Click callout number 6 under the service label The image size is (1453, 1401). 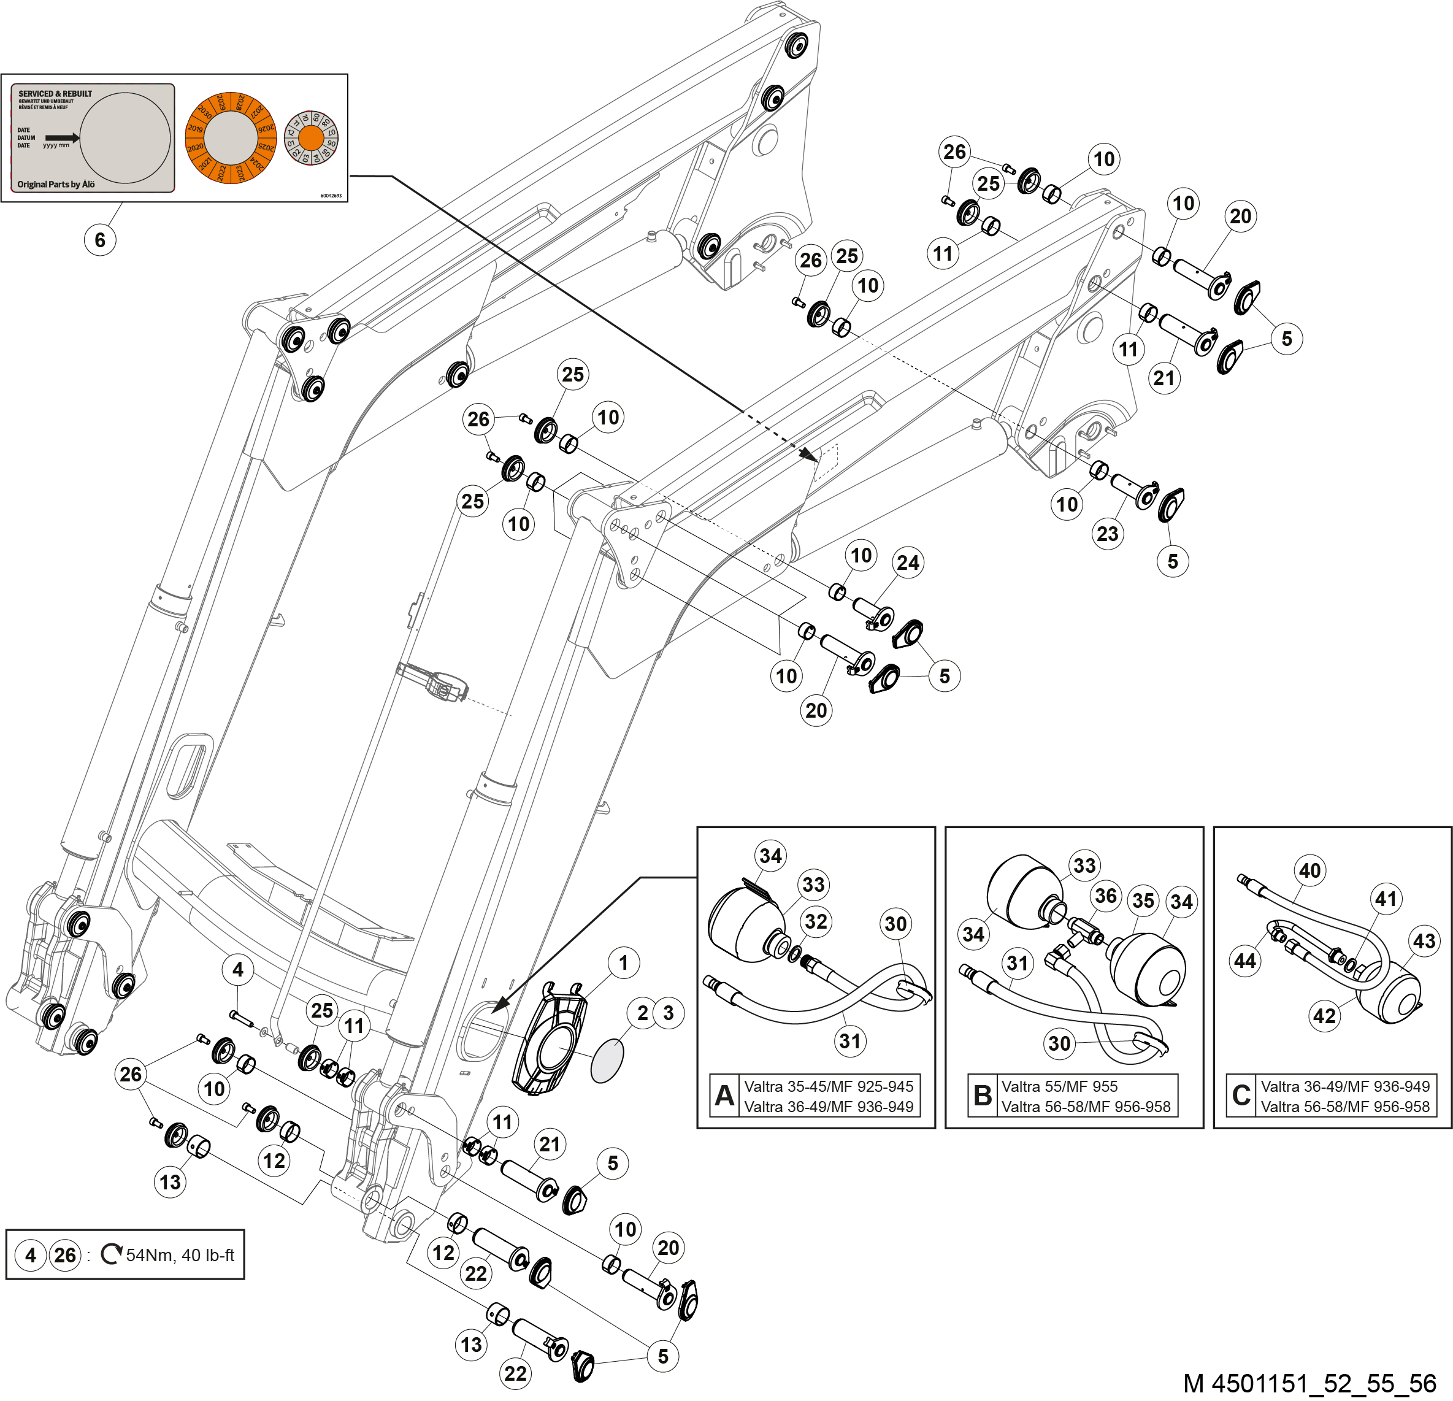(100, 239)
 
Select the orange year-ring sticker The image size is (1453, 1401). (231, 139)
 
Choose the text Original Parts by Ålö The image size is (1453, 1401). (56, 184)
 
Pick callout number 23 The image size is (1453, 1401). (1108, 533)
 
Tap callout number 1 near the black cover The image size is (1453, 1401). (623, 962)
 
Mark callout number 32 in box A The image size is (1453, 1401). (816, 921)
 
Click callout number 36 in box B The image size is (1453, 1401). (1105, 896)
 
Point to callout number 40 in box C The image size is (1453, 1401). (1310, 870)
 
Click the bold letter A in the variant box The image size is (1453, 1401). (724, 1095)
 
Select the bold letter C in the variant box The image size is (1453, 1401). (1241, 1095)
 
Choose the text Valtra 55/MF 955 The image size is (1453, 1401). (1059, 1086)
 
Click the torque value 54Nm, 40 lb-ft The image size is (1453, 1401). (180, 1255)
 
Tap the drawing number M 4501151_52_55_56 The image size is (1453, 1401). (1310, 1383)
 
